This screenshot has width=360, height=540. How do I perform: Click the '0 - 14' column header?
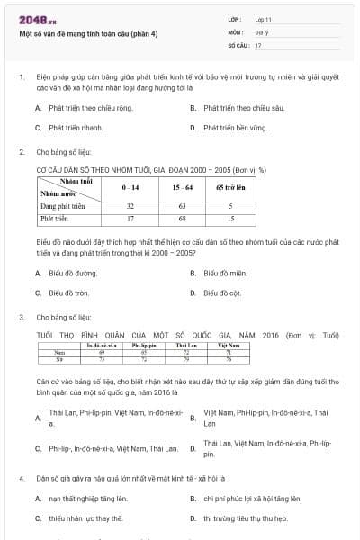click(x=130, y=186)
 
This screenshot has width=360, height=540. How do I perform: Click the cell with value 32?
click(x=130, y=205)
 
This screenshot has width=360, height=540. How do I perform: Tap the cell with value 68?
click(x=182, y=218)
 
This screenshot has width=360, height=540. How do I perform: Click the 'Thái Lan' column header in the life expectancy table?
click(x=187, y=345)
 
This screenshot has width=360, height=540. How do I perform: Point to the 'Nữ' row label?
click(x=59, y=358)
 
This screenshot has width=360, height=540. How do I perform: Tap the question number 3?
click(x=21, y=317)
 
